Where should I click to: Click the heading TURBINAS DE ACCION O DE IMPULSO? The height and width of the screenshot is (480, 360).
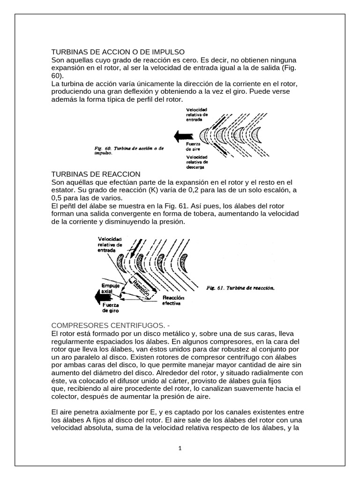pos(118,52)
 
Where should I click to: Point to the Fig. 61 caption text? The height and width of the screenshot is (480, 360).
pos(240,288)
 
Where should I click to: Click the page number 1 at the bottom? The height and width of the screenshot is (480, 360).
pos(180,448)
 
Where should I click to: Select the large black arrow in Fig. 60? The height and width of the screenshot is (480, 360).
pos(182,136)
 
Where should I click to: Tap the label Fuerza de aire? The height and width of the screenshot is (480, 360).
pos(194,146)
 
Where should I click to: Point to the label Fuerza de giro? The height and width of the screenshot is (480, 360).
pos(110,308)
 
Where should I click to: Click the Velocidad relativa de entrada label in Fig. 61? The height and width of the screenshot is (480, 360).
pos(110,245)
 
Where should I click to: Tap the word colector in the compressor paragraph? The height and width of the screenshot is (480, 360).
pos(66,396)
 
